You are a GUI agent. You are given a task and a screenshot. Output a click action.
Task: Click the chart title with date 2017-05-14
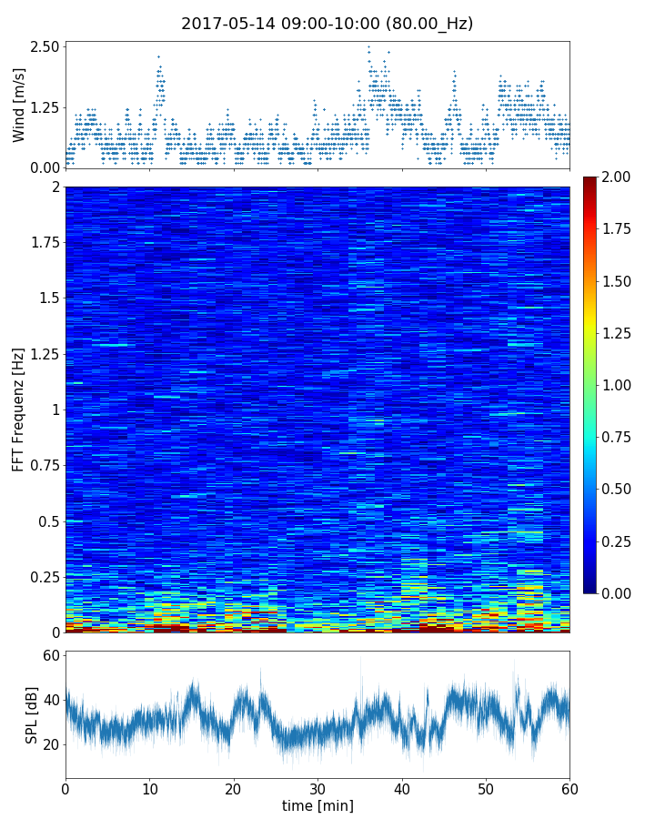[327, 24]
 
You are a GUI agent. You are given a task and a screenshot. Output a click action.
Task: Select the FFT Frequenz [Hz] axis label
[19, 409]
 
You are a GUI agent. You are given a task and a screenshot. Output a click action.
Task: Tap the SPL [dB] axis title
[33, 714]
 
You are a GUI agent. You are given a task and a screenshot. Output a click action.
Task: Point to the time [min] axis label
[317, 805]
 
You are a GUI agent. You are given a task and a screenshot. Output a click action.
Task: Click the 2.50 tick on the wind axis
[45, 47]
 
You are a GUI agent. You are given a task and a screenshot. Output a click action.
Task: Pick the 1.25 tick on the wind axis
[45, 107]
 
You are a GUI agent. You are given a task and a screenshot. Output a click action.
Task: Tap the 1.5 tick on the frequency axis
[49, 298]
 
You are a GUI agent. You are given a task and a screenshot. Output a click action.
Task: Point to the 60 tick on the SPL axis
[49, 656]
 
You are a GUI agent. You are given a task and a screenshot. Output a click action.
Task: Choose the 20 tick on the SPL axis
[49, 744]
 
